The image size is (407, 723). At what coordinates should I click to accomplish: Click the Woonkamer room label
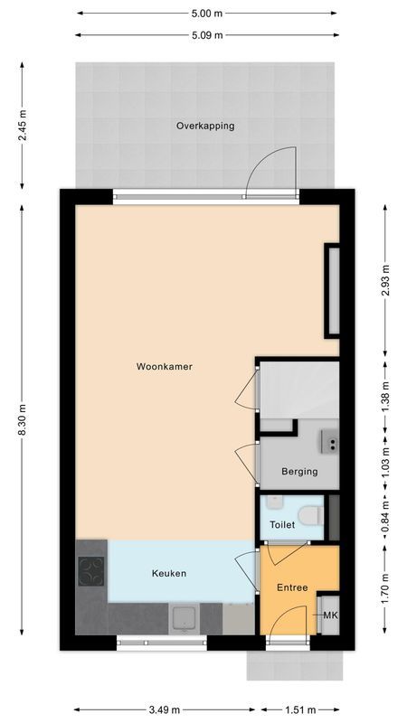pyautogui.click(x=165, y=367)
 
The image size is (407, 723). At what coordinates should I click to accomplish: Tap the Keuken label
pyautogui.click(x=168, y=574)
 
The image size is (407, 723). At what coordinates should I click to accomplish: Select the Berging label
pyautogui.click(x=298, y=471)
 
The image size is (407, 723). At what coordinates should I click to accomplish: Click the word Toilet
pyautogui.click(x=282, y=524)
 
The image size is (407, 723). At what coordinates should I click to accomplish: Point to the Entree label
pyautogui.click(x=292, y=587)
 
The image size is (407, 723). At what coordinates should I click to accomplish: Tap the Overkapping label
pyautogui.click(x=205, y=126)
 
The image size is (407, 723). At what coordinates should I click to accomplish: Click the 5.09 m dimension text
pyautogui.click(x=206, y=35)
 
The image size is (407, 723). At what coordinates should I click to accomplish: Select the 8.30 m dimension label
pyautogui.click(x=22, y=421)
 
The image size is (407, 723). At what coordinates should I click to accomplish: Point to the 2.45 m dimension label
pyautogui.click(x=22, y=126)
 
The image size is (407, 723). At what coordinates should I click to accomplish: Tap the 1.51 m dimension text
pyautogui.click(x=301, y=709)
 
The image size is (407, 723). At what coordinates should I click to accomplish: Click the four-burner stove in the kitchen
pyautogui.click(x=91, y=571)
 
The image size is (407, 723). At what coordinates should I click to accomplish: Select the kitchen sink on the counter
pyautogui.click(x=185, y=619)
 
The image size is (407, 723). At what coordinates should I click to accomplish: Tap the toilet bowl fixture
pyautogui.click(x=310, y=516)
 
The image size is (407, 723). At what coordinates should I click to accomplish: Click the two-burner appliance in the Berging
pyautogui.click(x=330, y=443)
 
